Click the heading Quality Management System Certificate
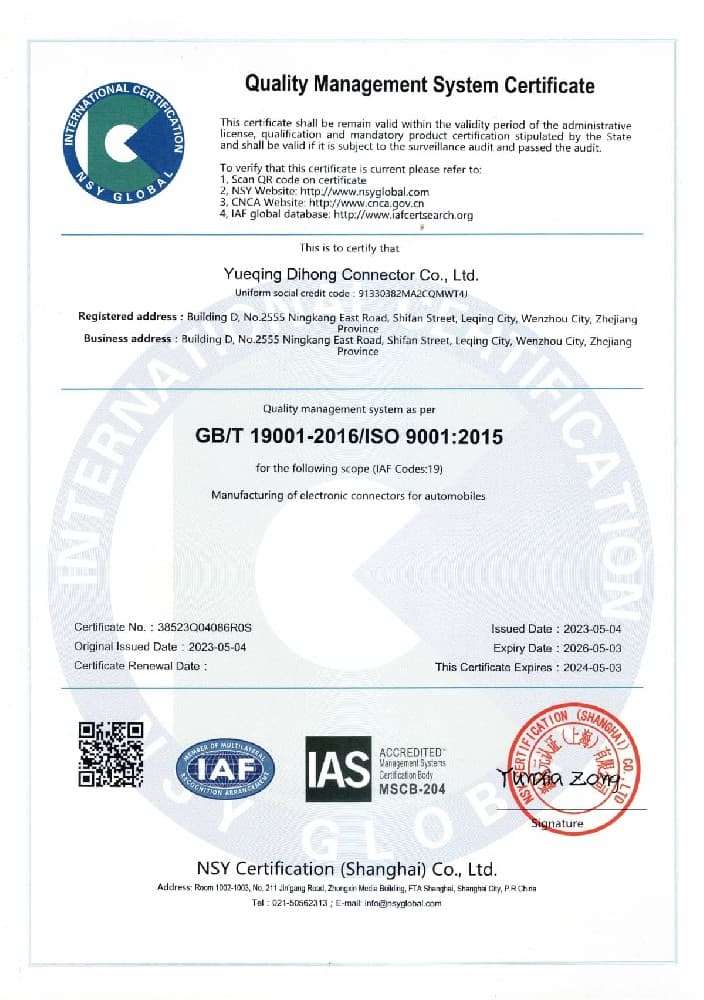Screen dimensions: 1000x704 coord(420,85)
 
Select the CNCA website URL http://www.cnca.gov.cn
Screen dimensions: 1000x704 coord(374,203)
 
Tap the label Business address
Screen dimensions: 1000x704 coord(130,340)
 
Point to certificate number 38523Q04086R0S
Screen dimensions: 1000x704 coord(206,628)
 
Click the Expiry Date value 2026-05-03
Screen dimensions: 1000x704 coord(590,647)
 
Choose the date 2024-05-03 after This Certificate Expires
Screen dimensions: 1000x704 coord(590,666)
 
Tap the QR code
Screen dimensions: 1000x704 coord(111,753)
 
